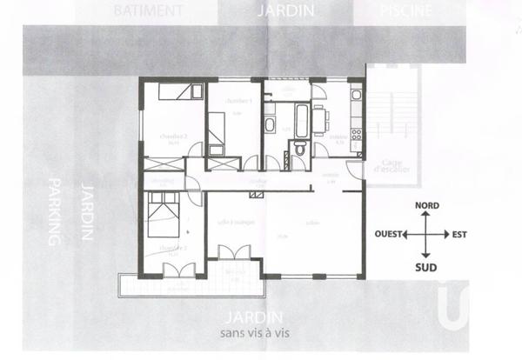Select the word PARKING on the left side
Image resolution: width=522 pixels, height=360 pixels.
pyautogui.click(x=54, y=212)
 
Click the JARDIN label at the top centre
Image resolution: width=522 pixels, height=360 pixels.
pyautogui.click(x=284, y=11)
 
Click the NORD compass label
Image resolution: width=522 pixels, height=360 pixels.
pyautogui.click(x=426, y=207)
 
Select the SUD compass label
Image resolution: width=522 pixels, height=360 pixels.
pyautogui.click(x=426, y=266)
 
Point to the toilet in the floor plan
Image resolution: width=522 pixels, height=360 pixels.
pyautogui.click(x=298, y=149)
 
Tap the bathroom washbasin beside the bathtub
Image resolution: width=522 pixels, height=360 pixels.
pyautogui.click(x=270, y=124)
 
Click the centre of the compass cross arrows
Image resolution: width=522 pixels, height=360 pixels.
pyautogui.click(x=426, y=235)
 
